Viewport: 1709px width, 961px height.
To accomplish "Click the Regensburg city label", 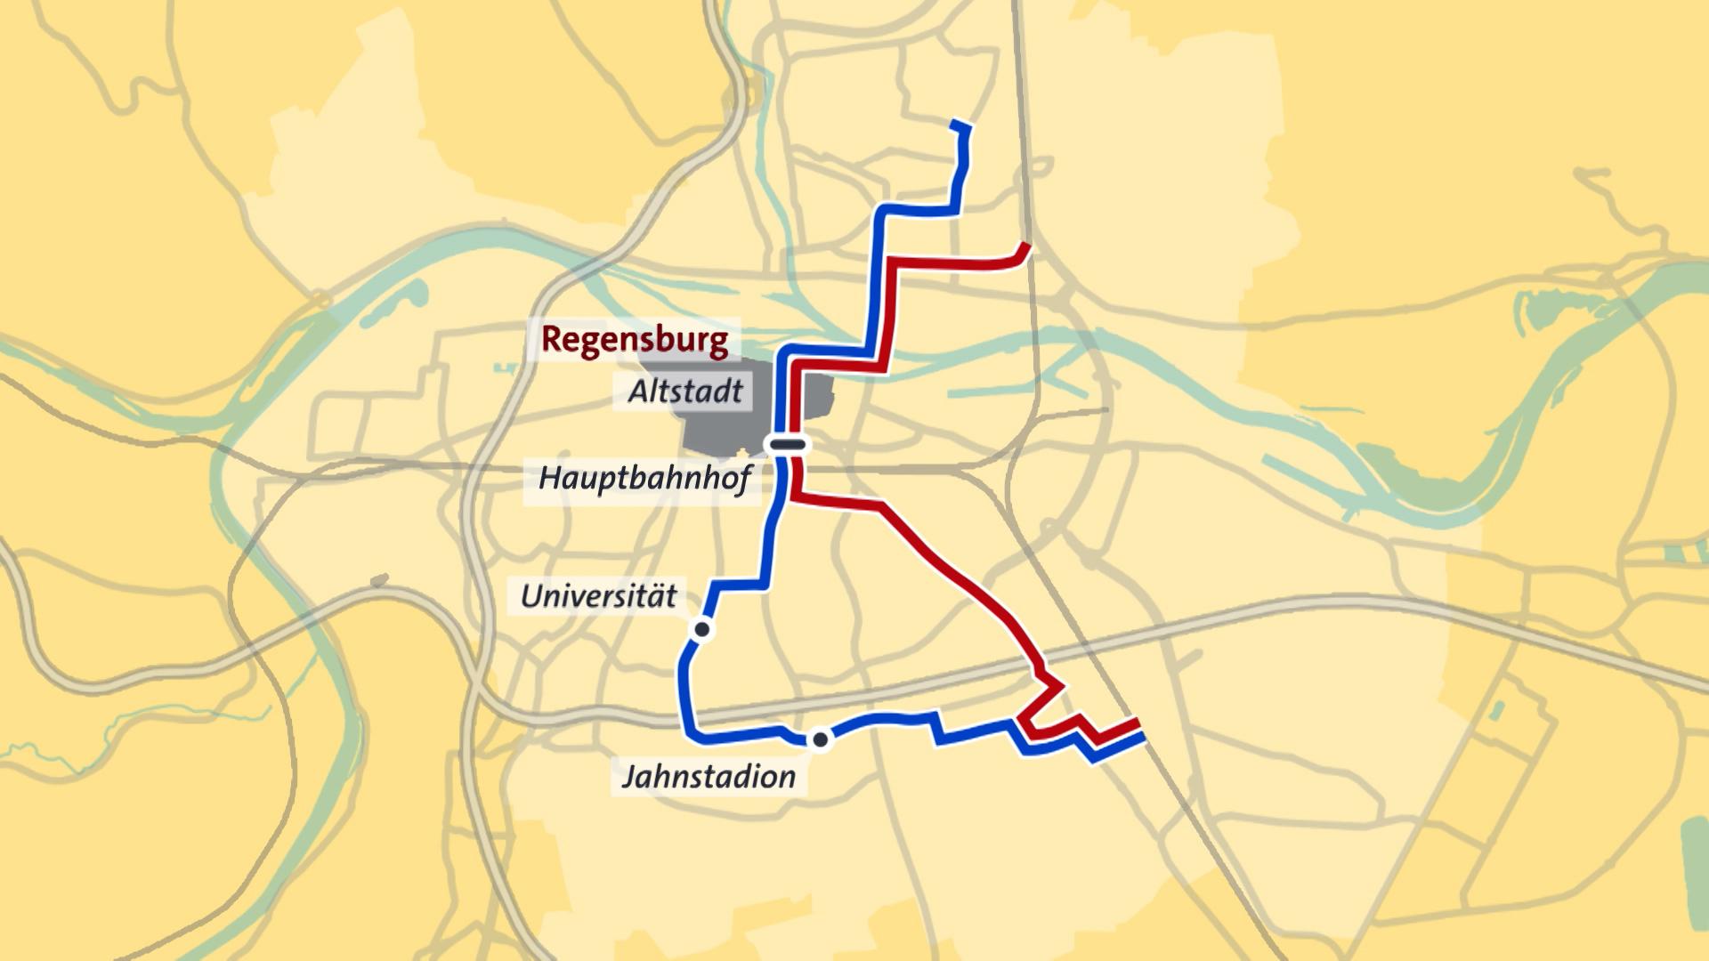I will coord(635,340).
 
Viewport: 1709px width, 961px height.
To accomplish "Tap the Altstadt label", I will coord(684,392).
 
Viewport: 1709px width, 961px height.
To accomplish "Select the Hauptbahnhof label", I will coord(644,479).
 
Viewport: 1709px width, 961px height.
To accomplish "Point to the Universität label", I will coord(598,596).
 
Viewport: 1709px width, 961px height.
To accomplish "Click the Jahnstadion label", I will coord(709,777).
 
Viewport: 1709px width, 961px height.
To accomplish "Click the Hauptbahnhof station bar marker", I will coord(788,443).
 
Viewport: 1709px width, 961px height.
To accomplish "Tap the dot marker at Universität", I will coord(701,630).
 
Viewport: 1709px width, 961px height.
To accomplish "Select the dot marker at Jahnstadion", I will coord(820,739).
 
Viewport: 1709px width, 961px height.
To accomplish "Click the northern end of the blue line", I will coord(959,124).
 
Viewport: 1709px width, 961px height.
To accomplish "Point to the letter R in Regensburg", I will coord(552,340).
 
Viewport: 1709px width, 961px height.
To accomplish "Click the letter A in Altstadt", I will coord(638,392).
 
